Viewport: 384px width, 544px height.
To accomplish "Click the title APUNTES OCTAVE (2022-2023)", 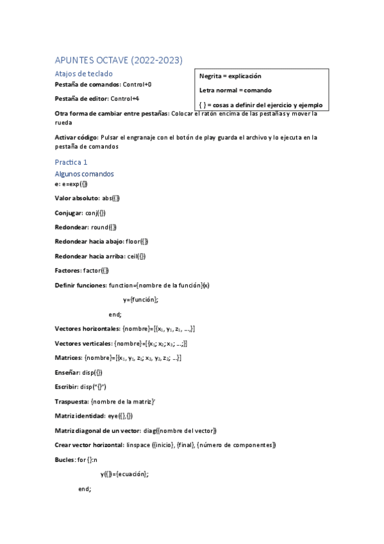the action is click(119, 61).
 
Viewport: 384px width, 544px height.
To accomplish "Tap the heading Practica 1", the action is click(72, 162).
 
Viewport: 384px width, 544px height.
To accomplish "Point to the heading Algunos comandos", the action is click(85, 174).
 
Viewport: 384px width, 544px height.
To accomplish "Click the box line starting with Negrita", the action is click(230, 76).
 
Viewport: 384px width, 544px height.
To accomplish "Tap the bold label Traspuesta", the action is click(72, 402).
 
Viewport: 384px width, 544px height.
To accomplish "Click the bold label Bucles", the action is click(65, 460).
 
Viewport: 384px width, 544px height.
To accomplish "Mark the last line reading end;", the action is click(85, 489).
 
